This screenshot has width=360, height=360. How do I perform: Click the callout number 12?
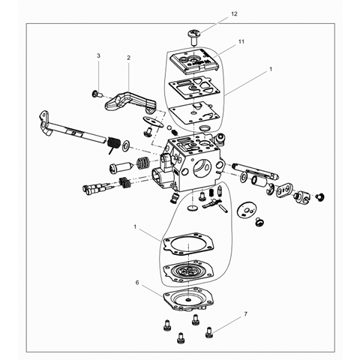234,14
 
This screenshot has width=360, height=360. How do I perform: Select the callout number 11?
241,41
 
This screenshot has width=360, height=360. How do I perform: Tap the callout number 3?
98,55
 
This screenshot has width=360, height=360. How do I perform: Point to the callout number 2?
128,58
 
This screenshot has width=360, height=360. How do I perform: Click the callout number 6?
137,283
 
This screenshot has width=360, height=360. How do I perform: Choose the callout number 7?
245,314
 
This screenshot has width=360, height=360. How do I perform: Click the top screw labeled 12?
194,37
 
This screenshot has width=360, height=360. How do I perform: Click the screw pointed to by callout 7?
209,332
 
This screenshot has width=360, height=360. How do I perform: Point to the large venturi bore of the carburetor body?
202,168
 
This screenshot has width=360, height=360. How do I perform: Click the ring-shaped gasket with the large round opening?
188,244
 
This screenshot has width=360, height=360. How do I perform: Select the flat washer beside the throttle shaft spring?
126,145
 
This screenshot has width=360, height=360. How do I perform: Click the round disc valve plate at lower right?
247,211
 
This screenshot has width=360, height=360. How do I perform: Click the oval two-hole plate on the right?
285,190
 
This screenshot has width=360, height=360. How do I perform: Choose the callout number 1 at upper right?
271,69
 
